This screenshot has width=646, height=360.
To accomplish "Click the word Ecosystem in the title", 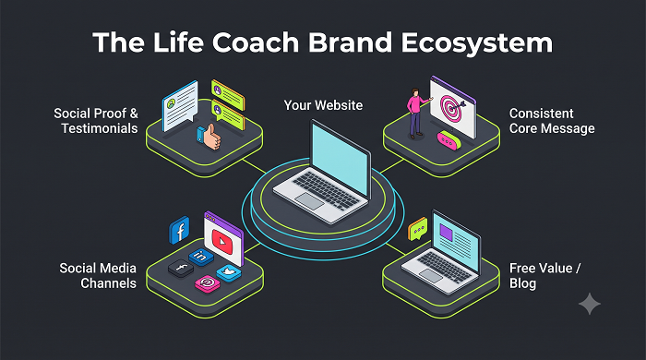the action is pos(477,42).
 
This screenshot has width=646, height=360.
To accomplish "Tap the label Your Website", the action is pos(323,105).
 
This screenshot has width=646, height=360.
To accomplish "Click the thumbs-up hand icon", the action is pos(209,137).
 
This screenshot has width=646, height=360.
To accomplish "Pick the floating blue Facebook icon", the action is pos(179,230).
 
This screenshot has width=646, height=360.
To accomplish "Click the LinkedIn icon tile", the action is pos(201,257).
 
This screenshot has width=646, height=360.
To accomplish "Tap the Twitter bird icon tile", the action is pos(229,273).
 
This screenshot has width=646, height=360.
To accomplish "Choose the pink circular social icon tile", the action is pos(208,283).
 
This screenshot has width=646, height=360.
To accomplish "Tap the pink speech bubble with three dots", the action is pos(449,140).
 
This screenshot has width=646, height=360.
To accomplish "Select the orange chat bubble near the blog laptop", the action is pos(418,229).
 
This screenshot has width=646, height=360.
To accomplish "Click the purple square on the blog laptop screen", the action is pos(446,232).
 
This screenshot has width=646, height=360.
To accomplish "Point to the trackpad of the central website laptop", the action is pos(309,200).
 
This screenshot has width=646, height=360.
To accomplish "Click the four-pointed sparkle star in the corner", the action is pos(590,304).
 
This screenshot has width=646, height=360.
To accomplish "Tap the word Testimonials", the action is pos(100,128).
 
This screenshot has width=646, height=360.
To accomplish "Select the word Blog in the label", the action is pos(523,283).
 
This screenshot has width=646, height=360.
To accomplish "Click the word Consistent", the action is pos(542,114).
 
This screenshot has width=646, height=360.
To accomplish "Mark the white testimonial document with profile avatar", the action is pos(180,106).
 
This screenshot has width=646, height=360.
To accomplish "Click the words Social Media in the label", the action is pos(98,269).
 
